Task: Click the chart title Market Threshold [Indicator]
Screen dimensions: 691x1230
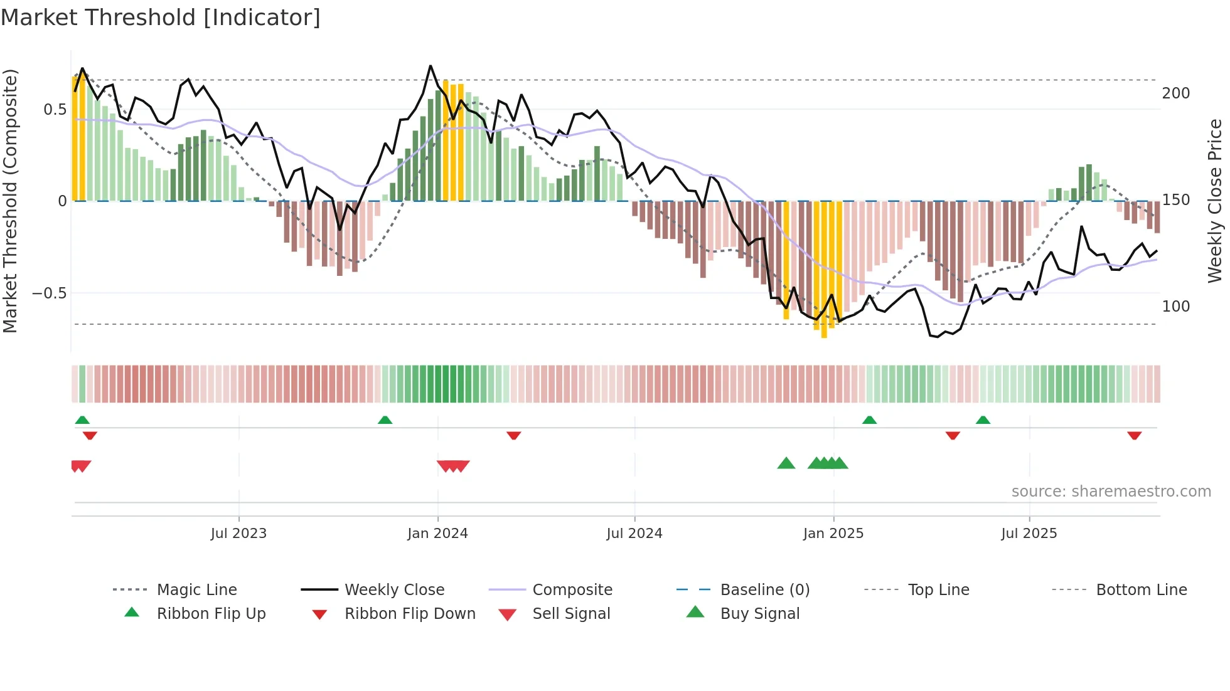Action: coord(161,18)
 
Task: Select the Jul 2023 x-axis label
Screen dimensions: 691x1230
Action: coord(238,534)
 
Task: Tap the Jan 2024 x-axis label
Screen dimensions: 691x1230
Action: coord(437,534)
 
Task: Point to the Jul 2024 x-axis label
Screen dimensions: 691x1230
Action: coord(634,534)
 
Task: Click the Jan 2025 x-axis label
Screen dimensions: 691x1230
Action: coord(833,534)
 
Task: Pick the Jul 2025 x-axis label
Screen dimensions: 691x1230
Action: coord(1029,534)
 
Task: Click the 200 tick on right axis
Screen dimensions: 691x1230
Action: coord(1175,93)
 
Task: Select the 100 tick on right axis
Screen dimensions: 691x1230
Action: coord(1175,307)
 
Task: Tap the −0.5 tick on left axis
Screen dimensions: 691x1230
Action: coord(50,293)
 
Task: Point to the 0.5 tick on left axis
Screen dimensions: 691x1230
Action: coord(55,110)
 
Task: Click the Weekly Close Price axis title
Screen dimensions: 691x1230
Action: coord(1215,201)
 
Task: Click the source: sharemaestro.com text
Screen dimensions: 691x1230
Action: coord(1111,492)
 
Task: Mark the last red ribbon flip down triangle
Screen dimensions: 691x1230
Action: coord(1134,435)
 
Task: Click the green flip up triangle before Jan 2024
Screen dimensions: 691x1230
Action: coord(385,420)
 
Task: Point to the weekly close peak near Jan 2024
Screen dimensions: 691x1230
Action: coord(430,66)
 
